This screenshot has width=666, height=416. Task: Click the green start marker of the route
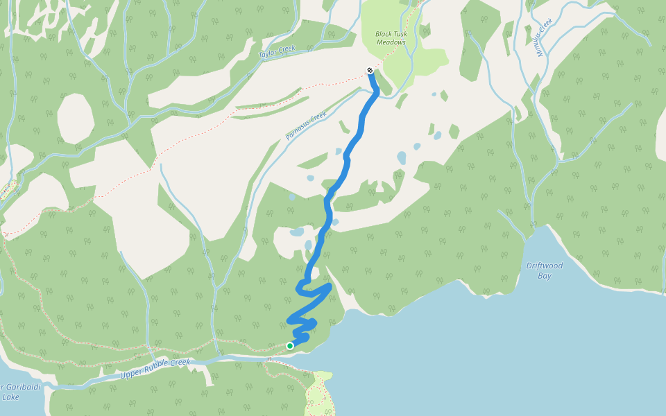tap(290, 346)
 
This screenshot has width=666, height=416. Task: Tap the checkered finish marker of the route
tap(370, 70)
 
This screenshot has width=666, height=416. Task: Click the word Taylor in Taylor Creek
tap(268, 53)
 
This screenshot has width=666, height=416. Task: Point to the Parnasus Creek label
tap(306, 125)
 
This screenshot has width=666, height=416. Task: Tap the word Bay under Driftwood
tap(544, 275)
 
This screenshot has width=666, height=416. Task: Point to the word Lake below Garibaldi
tap(10, 397)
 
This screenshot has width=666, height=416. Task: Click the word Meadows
tap(391, 42)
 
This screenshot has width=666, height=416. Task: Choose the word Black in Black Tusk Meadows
tap(384, 33)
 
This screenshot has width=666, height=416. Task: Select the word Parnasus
tap(298, 132)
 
